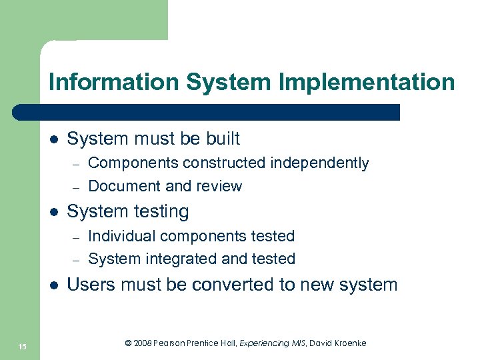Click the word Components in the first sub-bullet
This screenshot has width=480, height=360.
pos(133,163)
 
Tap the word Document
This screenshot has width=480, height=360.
pos(125,186)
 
